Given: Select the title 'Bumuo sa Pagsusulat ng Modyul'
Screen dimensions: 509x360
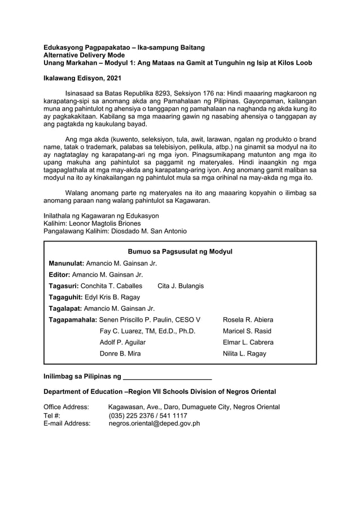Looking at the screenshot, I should [x=181, y=251].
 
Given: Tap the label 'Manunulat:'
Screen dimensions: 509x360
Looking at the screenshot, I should [x=66, y=263].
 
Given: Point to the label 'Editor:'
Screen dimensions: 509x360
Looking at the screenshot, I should [x=60, y=274].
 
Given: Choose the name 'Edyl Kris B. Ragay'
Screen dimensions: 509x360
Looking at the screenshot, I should [x=112, y=297].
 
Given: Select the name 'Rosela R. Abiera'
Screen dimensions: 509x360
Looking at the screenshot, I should [x=249, y=319].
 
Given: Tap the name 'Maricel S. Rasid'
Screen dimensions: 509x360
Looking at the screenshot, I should [x=247, y=331].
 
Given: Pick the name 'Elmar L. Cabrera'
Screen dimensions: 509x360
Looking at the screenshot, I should [x=248, y=342].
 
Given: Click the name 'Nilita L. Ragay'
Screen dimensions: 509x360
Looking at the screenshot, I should [x=245, y=353].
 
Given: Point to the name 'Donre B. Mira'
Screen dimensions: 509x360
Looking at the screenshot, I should [x=120, y=353].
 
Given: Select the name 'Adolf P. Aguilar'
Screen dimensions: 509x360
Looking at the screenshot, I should [x=122, y=342].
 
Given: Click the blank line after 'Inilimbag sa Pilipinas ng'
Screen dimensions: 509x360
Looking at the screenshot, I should [x=167, y=376].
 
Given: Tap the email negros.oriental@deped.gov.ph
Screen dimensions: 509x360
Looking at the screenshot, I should [x=154, y=423].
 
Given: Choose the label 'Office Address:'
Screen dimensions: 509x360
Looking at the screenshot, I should [x=66, y=407].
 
